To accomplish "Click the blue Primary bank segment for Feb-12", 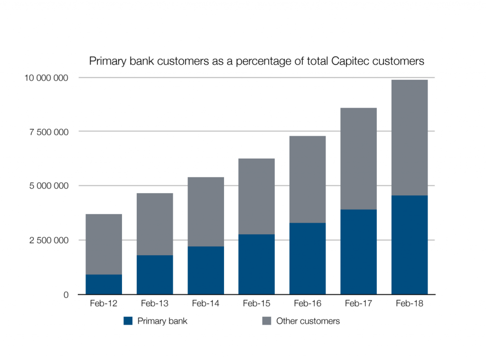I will (x=103, y=284).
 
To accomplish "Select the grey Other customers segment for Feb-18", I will (x=409, y=138).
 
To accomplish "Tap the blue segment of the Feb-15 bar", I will (x=256, y=264).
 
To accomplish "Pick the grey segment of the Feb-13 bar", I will (x=155, y=224).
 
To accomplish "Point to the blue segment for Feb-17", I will (x=358, y=252).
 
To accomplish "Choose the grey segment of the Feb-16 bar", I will (x=308, y=179).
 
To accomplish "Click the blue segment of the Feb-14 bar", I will (x=206, y=270).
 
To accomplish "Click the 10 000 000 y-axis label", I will (x=46, y=78).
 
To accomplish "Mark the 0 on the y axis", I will (x=66, y=295).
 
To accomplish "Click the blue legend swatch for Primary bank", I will (x=128, y=321).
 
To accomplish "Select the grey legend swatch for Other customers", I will (x=267, y=321).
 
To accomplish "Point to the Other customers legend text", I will (x=308, y=321).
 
